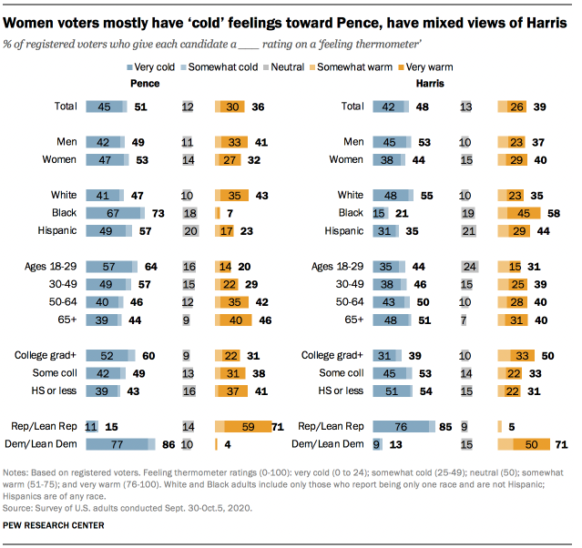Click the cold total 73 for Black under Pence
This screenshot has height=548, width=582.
[159, 212]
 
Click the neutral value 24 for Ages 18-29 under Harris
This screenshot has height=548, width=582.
[469, 267]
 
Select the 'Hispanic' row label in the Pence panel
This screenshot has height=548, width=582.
[56, 230]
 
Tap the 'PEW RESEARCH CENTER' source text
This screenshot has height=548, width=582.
[53, 525]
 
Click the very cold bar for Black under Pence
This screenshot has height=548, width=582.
[115, 212]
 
